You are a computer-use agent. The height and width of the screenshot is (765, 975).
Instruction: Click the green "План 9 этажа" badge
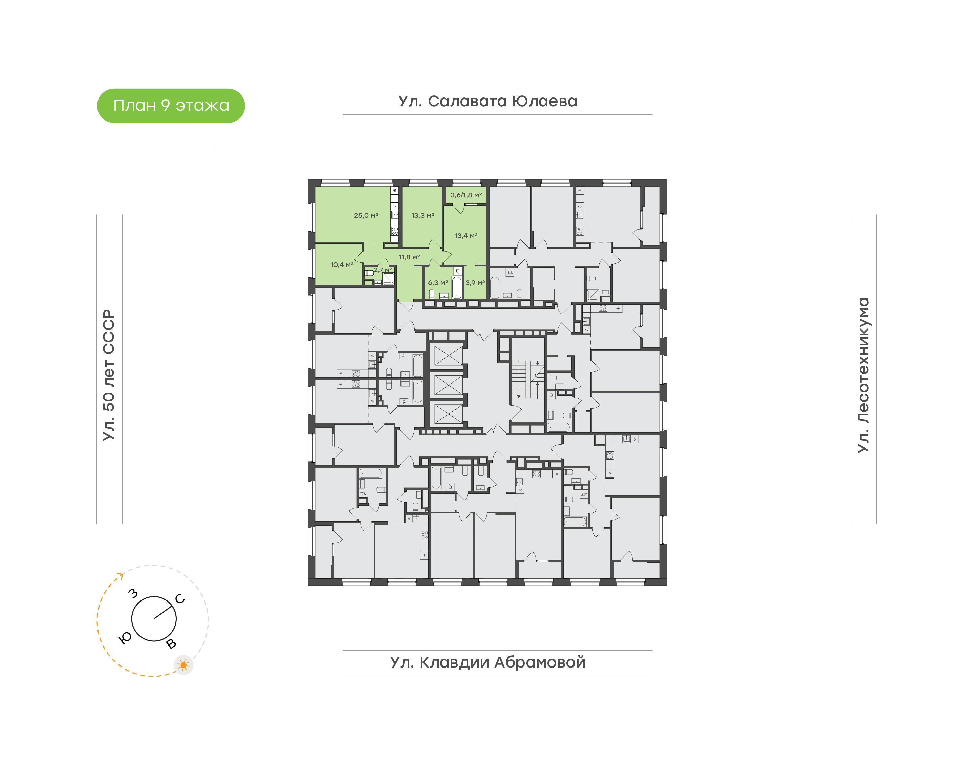171,106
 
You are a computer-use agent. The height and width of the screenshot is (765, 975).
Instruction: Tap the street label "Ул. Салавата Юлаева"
488,101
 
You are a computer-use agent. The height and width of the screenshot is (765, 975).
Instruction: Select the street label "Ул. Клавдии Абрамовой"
488,662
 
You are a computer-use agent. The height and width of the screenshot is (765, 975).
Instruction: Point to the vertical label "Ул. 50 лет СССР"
109,375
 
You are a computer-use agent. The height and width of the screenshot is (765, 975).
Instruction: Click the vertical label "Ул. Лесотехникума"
863,375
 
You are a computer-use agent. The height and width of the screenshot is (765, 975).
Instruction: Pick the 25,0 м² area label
366,215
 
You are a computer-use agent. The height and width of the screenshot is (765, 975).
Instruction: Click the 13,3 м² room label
423,215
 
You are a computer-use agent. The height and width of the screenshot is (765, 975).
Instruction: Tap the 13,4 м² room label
466,235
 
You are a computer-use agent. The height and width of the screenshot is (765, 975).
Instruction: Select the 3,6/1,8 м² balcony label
466,195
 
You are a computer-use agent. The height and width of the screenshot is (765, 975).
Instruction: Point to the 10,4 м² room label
342,264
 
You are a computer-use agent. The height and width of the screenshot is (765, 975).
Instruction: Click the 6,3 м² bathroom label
437,283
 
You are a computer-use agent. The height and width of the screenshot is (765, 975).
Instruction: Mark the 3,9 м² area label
475,283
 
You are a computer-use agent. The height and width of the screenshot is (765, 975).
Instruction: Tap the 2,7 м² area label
383,270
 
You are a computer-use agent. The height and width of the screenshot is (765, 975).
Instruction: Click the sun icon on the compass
183,665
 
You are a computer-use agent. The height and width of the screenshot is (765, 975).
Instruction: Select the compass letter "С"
180,599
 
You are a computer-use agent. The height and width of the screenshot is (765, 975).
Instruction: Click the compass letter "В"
171,644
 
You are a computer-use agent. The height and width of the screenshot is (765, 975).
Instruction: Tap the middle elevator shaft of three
448,385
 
